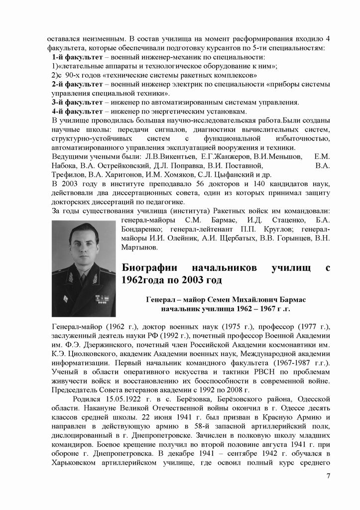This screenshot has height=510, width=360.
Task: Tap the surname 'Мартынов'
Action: click(140, 247)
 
